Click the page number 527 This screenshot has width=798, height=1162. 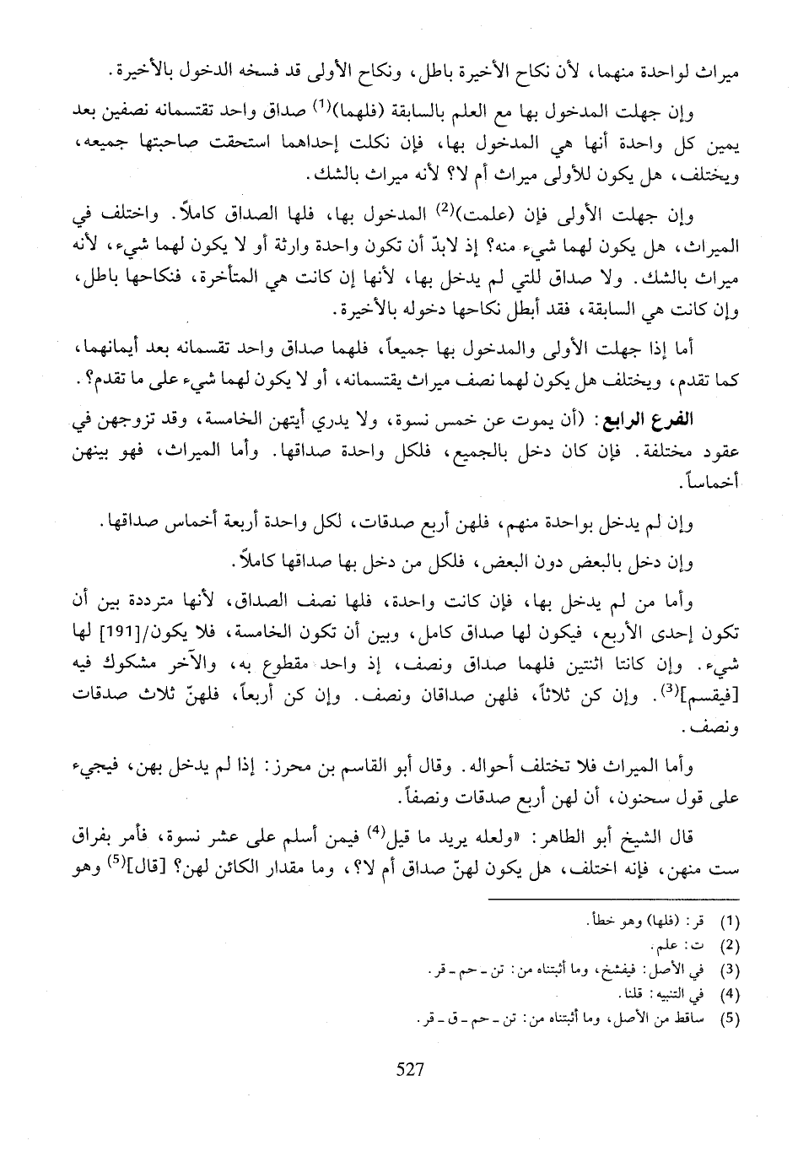tap(408, 1070)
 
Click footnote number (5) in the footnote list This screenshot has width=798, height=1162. tap(731, 1018)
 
